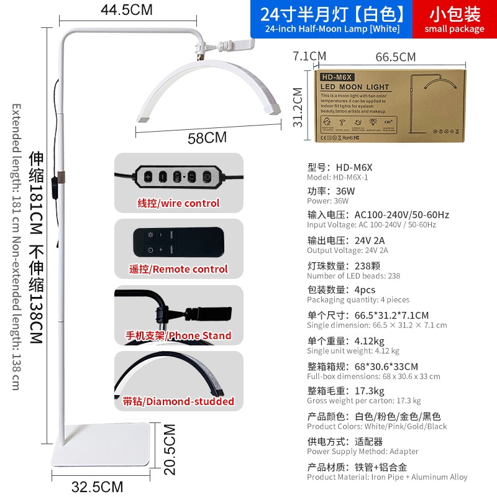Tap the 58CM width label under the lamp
207,137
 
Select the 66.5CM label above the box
396,57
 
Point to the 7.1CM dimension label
309,56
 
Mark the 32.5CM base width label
97,486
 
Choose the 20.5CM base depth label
170,449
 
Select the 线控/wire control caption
178,203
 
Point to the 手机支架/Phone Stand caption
178,335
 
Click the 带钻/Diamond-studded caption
178,401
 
